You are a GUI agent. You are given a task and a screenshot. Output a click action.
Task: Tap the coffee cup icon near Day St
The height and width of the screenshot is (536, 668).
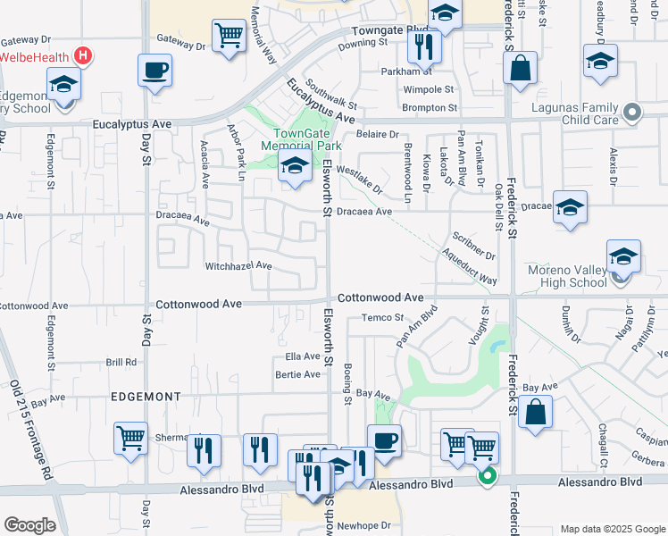pyautogui.click(x=154, y=70)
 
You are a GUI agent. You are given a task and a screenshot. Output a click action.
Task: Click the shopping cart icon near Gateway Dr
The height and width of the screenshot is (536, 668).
pyautogui.click(x=230, y=36)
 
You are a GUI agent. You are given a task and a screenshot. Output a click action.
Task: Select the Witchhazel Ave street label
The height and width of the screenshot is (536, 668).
pyautogui.click(x=238, y=266)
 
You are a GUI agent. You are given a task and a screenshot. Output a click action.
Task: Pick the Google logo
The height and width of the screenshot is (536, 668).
pyautogui.click(x=29, y=525)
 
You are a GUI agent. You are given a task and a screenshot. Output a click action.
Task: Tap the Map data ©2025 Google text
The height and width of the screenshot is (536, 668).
pyautogui.click(x=613, y=529)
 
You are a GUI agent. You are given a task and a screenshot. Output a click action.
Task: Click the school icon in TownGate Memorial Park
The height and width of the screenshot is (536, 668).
pyautogui.click(x=294, y=165)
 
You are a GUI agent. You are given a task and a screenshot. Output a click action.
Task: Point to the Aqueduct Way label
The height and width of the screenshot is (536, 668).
pyautogui.click(x=469, y=266)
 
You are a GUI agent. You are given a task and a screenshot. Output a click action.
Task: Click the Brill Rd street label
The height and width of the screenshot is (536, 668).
pyautogui.click(x=121, y=363)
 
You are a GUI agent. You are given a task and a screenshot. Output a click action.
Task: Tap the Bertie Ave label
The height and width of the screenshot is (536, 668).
pyautogui.click(x=297, y=374)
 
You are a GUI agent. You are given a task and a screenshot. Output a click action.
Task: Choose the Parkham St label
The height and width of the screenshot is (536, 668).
pyautogui.click(x=405, y=71)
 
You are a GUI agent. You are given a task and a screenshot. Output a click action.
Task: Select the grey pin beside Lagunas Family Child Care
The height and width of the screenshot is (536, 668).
pyautogui.click(x=633, y=113)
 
